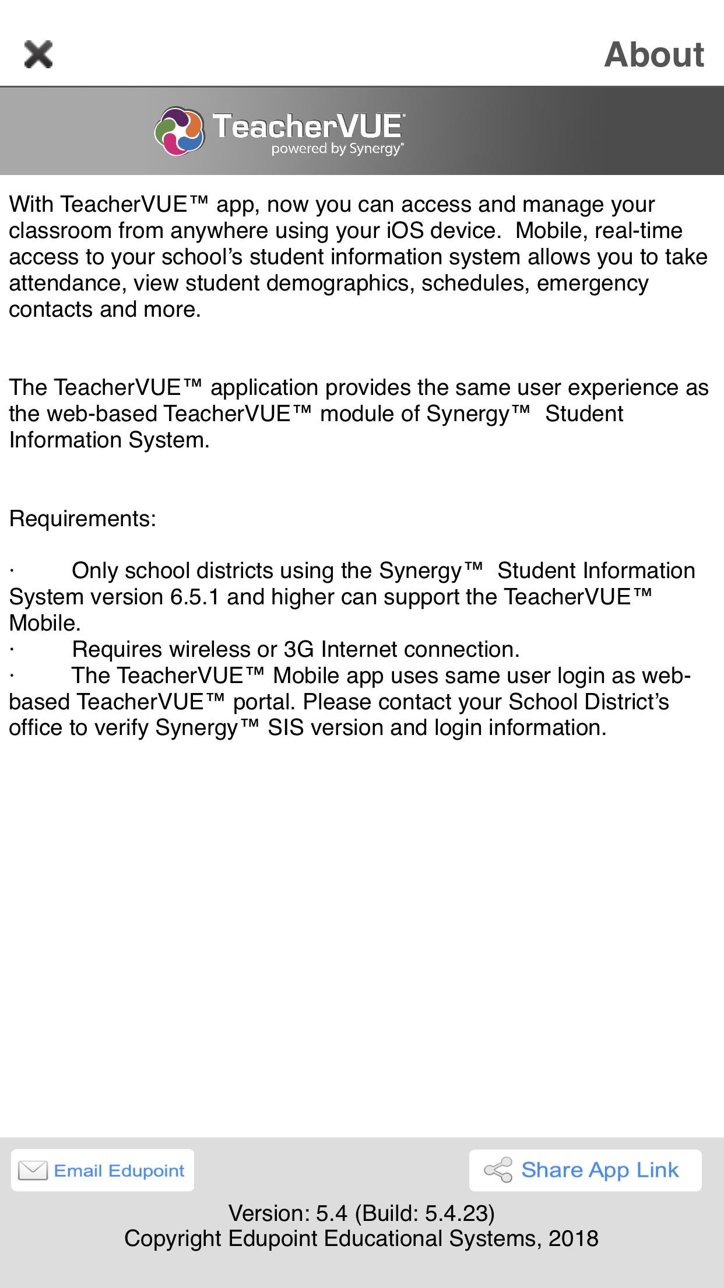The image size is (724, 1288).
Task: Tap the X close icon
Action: point(38,54)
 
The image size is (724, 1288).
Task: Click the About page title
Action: point(654,54)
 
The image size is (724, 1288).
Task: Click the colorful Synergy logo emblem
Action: point(180,131)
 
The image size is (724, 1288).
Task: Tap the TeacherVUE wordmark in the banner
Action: point(308,126)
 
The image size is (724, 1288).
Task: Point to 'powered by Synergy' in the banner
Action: point(337,149)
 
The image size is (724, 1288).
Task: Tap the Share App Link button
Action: point(585,1170)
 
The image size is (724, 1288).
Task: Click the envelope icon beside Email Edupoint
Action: point(33,1170)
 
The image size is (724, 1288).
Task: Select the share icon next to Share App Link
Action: point(498,1170)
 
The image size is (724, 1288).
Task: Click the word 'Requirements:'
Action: point(83,519)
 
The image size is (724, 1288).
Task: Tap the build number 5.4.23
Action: point(456,1213)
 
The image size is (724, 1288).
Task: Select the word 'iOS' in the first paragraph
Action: point(405,231)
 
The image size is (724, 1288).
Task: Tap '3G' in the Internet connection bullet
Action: point(299,649)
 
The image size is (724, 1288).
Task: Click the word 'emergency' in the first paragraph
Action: point(592,283)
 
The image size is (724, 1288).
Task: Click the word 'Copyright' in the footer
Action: point(173,1238)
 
